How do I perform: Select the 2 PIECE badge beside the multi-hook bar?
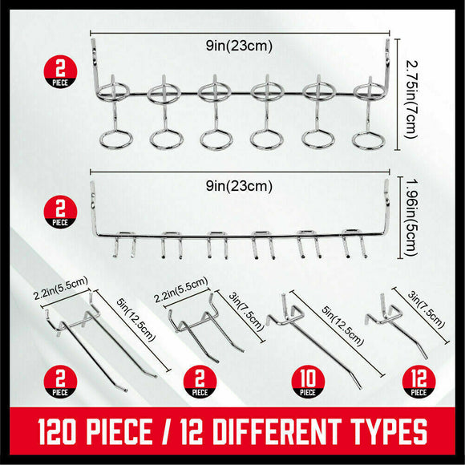point(59,213)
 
